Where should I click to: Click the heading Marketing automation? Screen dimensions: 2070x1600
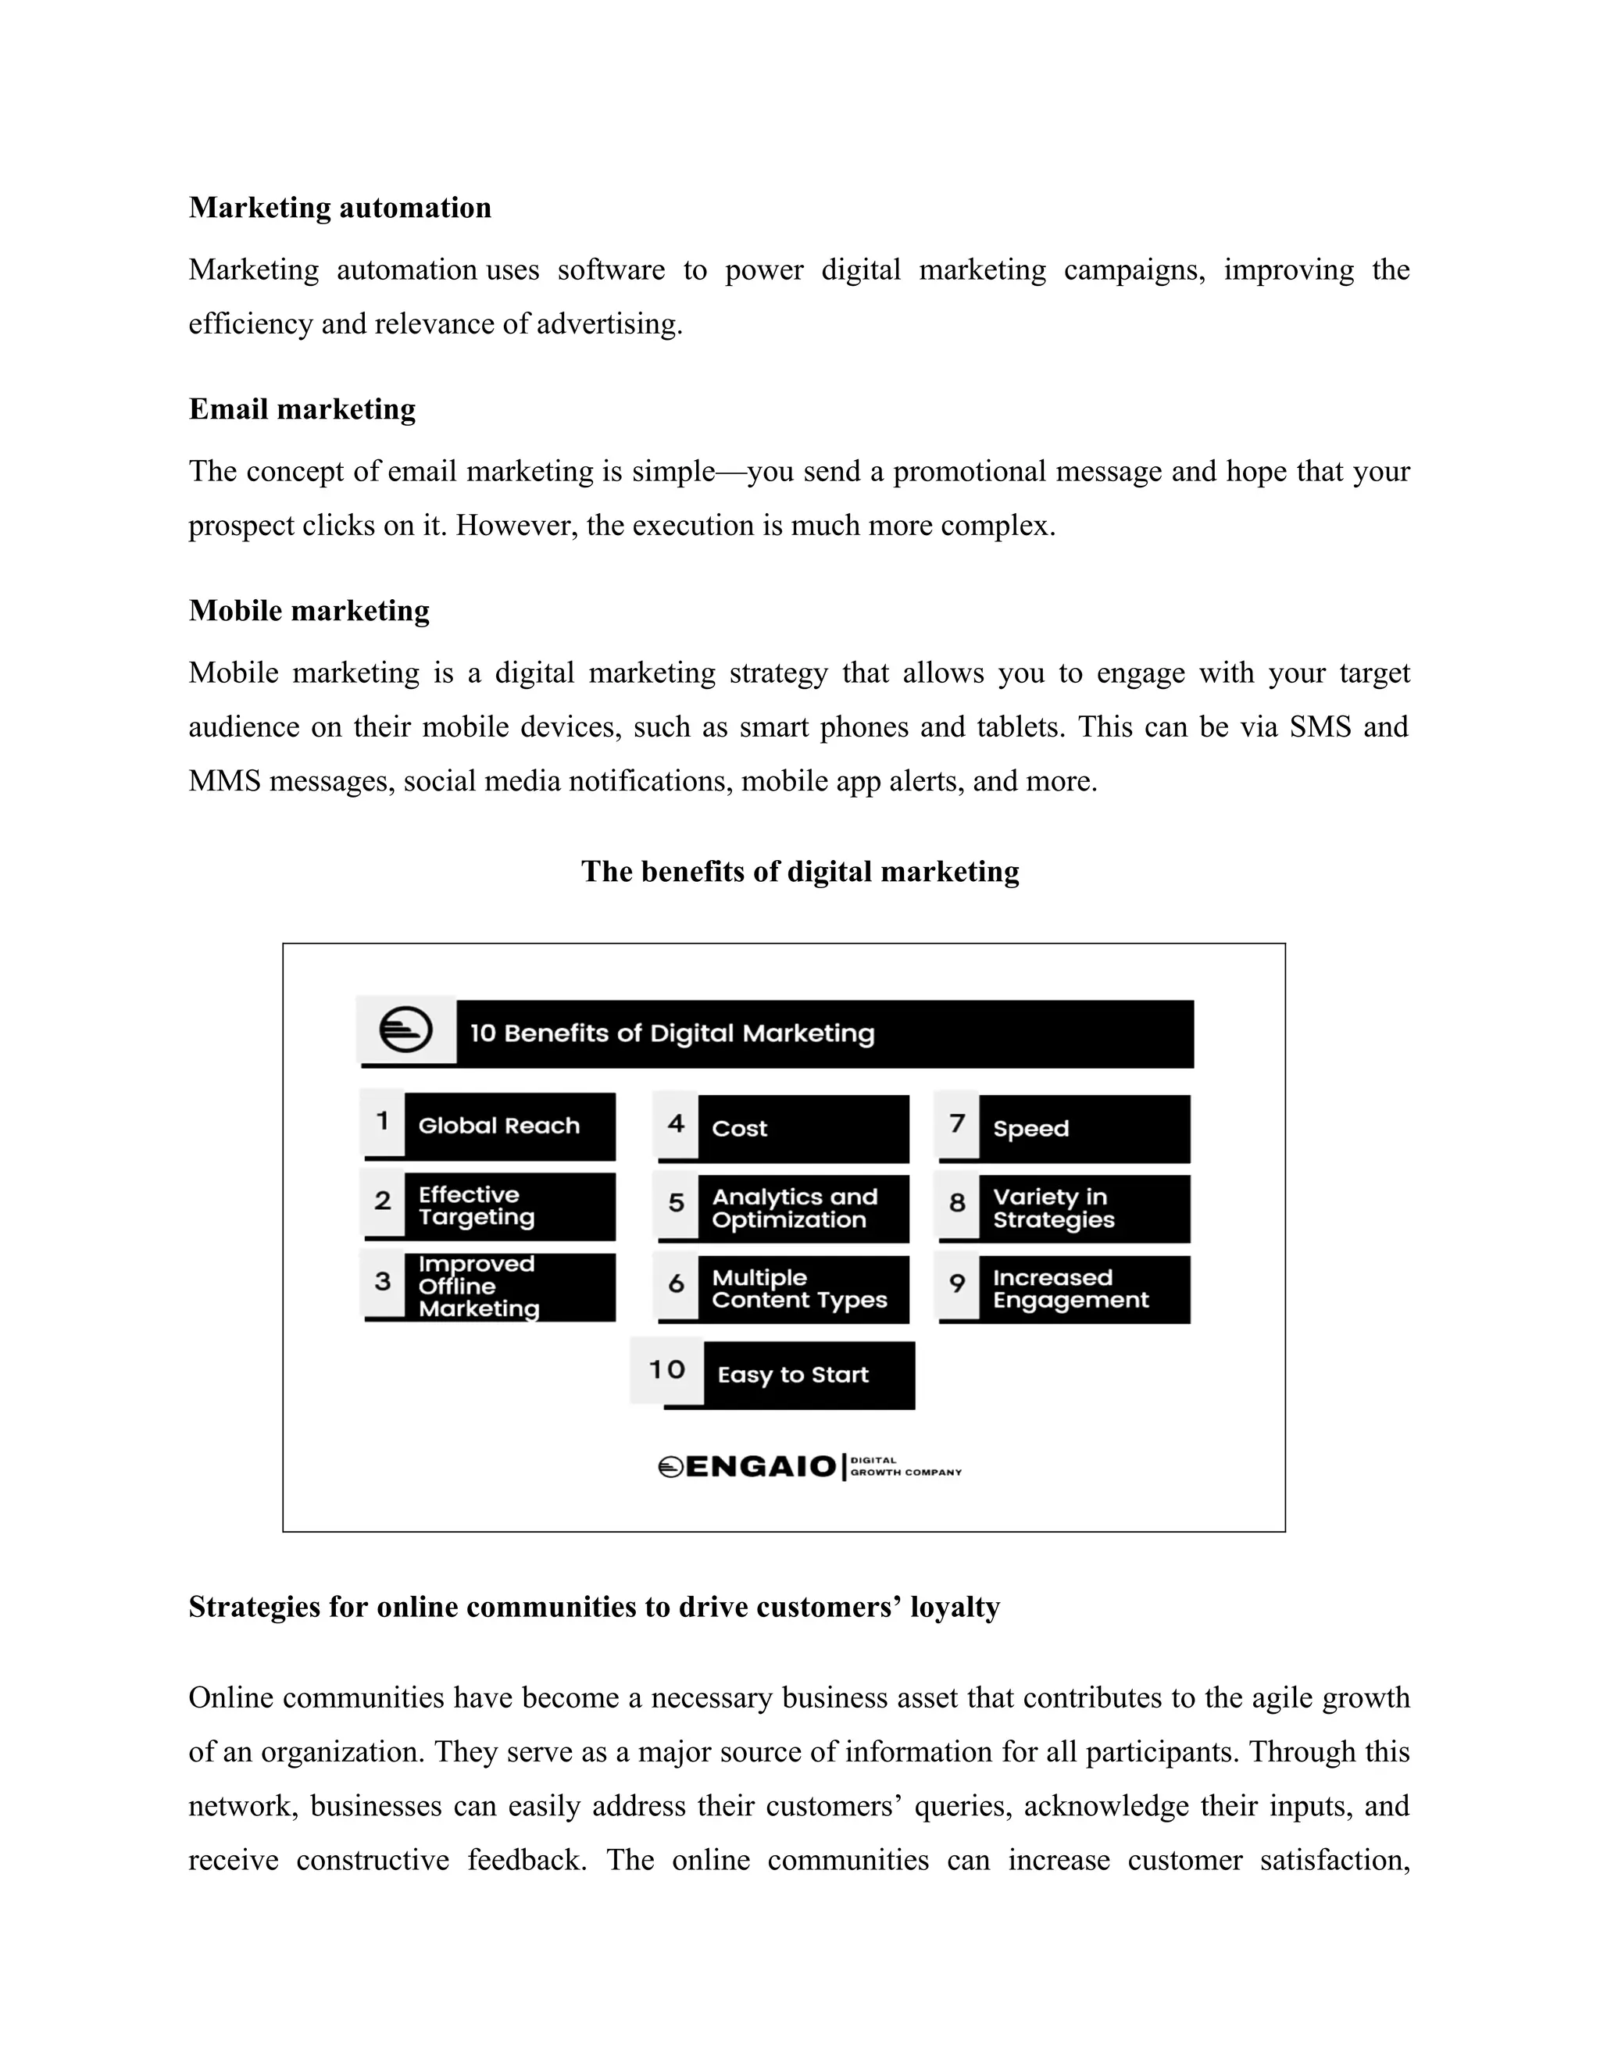pos(339,208)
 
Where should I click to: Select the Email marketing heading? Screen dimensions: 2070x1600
pos(302,409)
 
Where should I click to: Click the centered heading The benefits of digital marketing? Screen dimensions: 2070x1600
pos(799,872)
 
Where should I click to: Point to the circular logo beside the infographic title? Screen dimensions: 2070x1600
pos(405,1030)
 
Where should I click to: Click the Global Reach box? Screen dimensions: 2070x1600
pos(509,1126)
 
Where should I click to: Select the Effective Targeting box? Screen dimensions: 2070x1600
pos(509,1207)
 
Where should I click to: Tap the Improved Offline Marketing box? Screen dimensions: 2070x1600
pos(509,1287)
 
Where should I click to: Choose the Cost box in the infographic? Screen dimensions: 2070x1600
pos(802,1129)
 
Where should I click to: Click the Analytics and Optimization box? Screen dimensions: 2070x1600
pos(802,1208)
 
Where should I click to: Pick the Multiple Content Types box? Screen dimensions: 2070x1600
pos(802,1289)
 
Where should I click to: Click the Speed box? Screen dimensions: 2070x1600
pos(1084,1129)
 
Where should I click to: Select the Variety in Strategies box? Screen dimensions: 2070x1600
pos(1084,1208)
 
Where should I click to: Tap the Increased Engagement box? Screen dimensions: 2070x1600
pos(1084,1289)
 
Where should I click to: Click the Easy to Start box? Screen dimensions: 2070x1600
pos(808,1374)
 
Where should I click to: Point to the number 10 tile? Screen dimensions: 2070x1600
pos(666,1369)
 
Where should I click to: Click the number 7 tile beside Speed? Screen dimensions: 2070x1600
pos(957,1124)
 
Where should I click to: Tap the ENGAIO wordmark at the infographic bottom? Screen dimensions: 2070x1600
pos(760,1467)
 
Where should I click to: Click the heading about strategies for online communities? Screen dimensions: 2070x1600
pos(594,1608)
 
